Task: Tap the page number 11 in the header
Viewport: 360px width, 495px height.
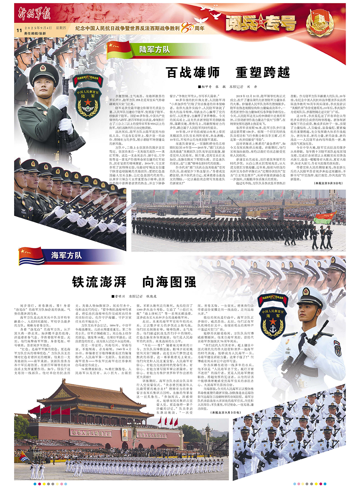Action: (19, 30)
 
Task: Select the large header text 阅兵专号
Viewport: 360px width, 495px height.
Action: (261, 23)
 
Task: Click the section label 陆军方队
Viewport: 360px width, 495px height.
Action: (154, 50)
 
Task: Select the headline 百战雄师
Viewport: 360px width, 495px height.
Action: (193, 72)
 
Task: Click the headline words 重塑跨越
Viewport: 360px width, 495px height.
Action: (263, 72)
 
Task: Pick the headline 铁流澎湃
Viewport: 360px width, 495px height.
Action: (99, 282)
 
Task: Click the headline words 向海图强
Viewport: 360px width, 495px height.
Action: (169, 282)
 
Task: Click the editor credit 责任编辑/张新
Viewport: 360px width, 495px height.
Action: (35, 33)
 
